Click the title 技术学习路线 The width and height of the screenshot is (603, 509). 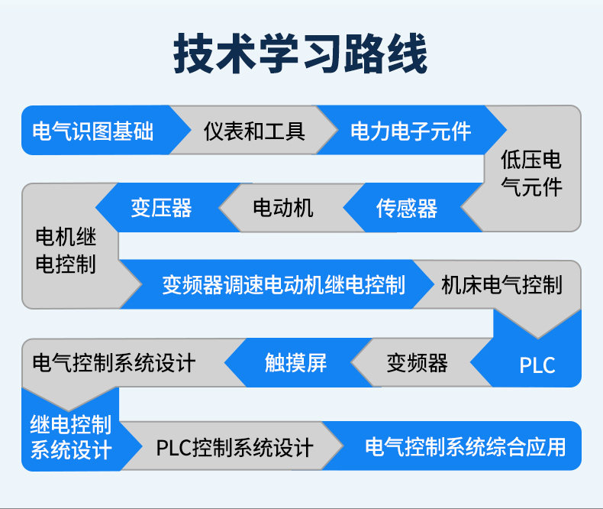[x=301, y=53]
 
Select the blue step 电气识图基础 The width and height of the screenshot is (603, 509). [x=92, y=131]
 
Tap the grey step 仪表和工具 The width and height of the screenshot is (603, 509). [x=254, y=131]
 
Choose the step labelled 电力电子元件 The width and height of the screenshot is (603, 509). [x=411, y=131]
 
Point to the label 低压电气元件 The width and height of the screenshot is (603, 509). [x=531, y=173]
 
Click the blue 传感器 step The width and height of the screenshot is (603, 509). [x=406, y=208]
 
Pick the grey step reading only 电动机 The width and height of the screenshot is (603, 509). [x=282, y=208]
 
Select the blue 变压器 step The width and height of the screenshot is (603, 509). [x=160, y=208]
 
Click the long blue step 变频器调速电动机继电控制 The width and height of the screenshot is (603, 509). [x=283, y=286]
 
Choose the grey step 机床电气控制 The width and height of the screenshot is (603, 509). [x=501, y=286]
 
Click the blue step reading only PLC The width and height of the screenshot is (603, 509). [x=537, y=365]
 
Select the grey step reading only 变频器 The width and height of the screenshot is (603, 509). [x=417, y=362]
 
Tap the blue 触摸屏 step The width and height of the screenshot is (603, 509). [x=295, y=362]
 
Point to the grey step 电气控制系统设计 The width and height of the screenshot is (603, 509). [x=114, y=362]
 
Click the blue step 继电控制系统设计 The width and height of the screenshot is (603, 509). [x=71, y=437]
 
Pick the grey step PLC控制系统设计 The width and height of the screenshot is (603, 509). [x=234, y=447]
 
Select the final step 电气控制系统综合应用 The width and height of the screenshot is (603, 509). [x=466, y=446]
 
